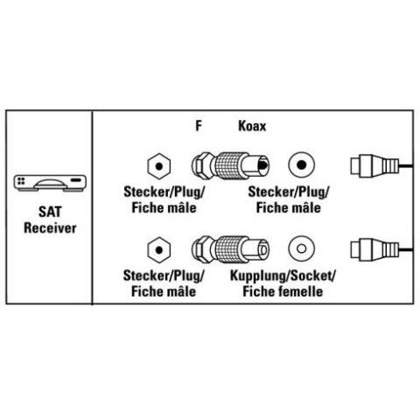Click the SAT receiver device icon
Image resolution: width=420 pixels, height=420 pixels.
point(50,183)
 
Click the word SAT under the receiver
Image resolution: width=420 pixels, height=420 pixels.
point(50,212)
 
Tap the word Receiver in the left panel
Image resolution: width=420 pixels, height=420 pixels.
point(50,227)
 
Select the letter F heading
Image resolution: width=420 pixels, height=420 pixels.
point(199,126)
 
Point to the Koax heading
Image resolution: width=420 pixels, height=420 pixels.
point(252,126)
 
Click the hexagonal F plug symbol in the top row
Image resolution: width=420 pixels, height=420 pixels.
point(159,166)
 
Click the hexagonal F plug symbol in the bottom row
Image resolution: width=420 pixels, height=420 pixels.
point(159,250)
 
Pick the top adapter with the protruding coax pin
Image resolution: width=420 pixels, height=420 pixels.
point(230,165)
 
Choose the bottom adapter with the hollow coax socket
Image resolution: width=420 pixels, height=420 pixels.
point(230,249)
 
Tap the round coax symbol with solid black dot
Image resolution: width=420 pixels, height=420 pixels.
point(301,165)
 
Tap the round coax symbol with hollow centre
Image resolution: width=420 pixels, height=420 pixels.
point(301,248)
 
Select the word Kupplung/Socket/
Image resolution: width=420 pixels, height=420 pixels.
point(283,276)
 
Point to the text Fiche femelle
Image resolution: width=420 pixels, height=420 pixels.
point(283,291)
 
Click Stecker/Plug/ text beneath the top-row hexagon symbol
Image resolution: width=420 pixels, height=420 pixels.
point(164,192)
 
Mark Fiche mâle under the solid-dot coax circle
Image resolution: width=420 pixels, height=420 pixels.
point(288,208)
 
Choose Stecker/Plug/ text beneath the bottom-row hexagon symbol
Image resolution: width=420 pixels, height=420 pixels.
point(164,276)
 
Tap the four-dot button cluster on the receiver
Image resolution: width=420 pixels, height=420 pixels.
point(21,181)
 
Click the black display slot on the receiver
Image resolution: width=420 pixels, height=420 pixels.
point(76,179)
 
